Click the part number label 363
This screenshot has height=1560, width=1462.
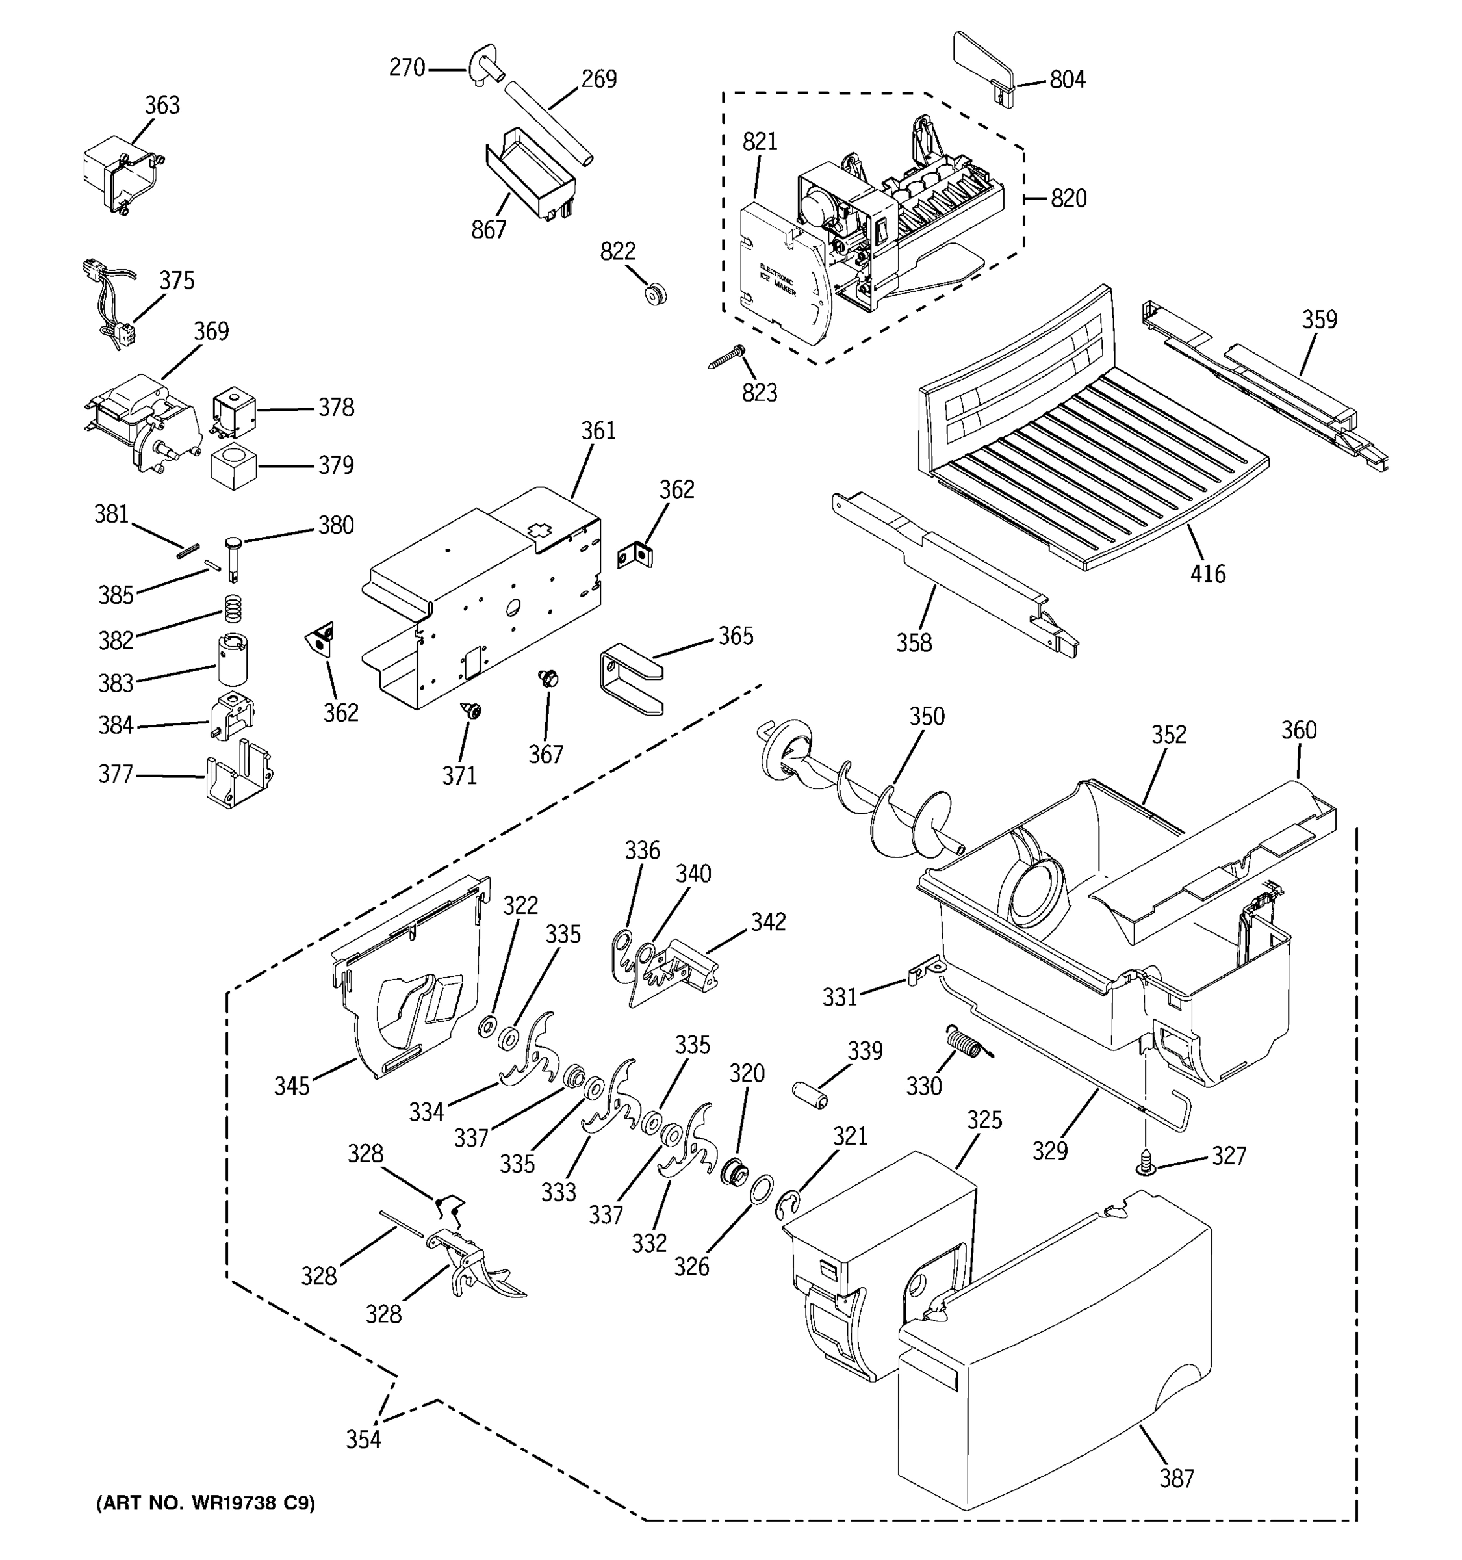(162, 105)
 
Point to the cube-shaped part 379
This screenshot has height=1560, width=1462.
(234, 466)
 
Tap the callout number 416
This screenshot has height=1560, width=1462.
(1207, 575)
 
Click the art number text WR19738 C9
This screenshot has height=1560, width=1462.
(205, 1503)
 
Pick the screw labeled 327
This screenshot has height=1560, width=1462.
(1146, 1163)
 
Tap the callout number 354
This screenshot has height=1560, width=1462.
(363, 1439)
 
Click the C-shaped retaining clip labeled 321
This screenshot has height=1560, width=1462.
(791, 1206)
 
